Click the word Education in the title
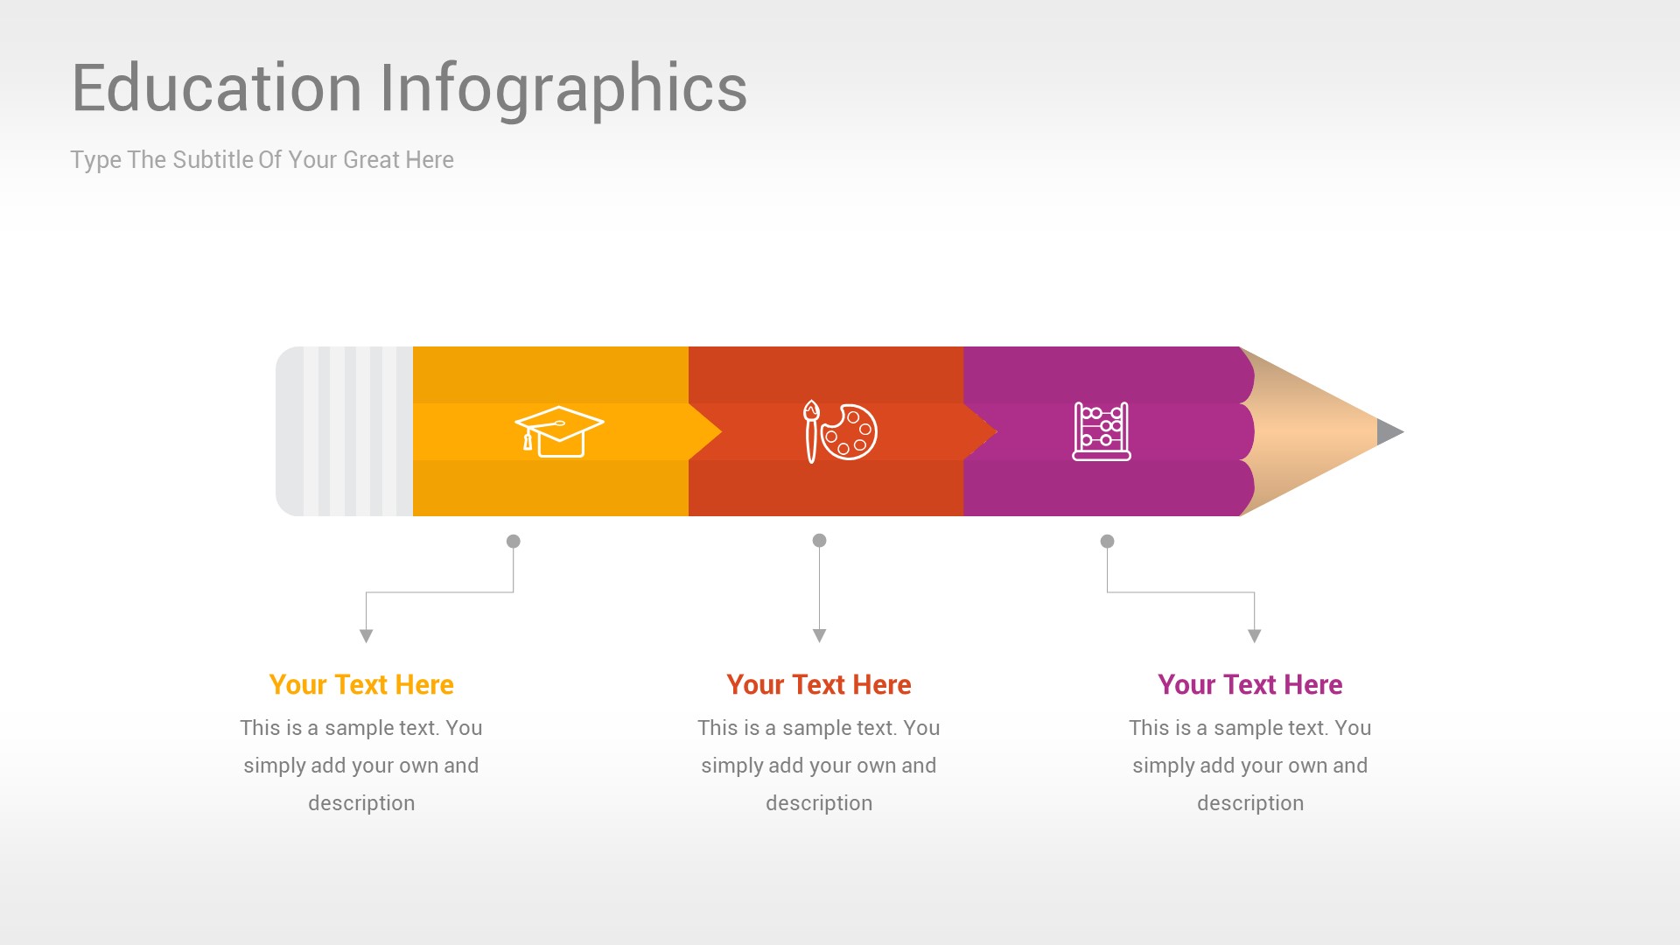(216, 88)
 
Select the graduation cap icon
(559, 430)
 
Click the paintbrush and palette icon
(840, 430)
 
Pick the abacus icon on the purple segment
(1102, 430)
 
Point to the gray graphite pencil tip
(1389, 431)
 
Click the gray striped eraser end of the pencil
(344, 431)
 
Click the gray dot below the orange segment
(514, 542)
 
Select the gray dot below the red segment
(819, 541)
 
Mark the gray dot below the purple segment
(1107, 542)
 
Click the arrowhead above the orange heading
(367, 636)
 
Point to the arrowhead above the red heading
(819, 635)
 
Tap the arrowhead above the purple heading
(1254, 636)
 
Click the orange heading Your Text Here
(361, 684)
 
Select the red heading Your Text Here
(819, 684)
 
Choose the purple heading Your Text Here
(1249, 684)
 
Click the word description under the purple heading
(1249, 803)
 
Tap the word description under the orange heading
(361, 803)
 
